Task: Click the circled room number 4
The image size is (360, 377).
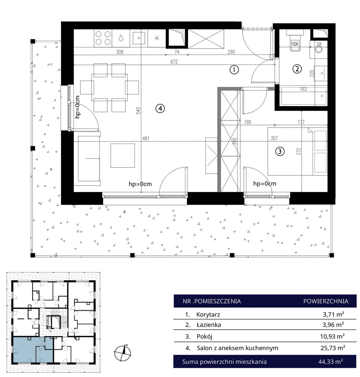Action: tap(160, 108)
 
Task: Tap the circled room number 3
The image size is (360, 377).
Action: tap(280, 151)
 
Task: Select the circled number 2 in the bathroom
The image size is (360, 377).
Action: tap(297, 69)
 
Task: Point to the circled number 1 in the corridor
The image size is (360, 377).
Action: tap(234, 70)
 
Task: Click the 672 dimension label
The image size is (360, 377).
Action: tap(174, 62)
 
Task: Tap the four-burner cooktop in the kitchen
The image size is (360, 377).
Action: tap(103, 38)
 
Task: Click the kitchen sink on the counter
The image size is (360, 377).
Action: tap(139, 38)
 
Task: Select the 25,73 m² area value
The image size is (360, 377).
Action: tap(333, 348)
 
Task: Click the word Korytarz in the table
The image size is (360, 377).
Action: tap(208, 314)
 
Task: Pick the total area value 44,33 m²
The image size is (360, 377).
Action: tap(331, 361)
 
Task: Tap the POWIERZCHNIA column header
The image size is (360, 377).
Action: tap(326, 301)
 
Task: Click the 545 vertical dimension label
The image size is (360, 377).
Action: tap(138, 111)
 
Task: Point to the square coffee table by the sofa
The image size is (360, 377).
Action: tap(123, 156)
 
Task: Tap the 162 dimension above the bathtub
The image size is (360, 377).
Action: tap(303, 89)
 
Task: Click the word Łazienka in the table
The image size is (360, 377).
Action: tap(209, 325)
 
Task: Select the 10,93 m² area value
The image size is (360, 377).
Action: tap(332, 336)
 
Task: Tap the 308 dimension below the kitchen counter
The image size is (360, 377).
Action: tap(119, 52)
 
